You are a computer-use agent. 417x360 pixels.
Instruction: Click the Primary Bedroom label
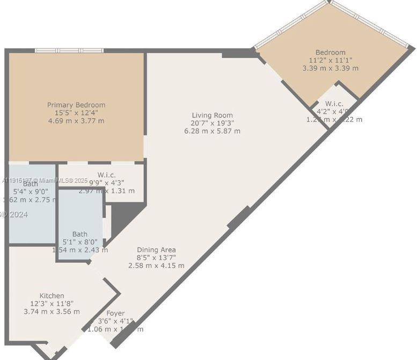pos(76,105)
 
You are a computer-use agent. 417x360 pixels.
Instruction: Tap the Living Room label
pos(213,115)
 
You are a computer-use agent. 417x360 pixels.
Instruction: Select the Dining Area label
pos(156,250)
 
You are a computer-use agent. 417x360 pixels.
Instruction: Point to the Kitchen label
pos(52,296)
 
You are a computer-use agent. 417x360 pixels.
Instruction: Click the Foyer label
pos(115,313)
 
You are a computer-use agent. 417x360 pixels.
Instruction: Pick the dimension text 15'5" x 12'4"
pos(76,113)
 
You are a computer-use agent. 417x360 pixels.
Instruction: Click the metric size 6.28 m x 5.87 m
pos(211,131)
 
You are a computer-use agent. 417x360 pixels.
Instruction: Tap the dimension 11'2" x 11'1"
pos(331,60)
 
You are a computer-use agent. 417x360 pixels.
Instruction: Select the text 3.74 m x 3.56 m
pos(52,312)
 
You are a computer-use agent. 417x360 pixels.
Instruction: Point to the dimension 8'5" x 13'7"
pos(156,258)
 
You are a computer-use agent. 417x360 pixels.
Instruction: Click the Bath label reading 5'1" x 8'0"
pos(80,234)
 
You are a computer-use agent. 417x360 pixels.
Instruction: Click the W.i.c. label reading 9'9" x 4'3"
pos(107,175)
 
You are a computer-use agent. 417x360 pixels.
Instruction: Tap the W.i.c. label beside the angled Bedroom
pos(334,104)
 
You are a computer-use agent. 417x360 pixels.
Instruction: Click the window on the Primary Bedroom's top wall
pos(69,51)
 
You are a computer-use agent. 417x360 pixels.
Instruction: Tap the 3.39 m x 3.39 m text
pos(331,68)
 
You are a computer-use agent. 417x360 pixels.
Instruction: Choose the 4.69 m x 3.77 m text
pos(76,121)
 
